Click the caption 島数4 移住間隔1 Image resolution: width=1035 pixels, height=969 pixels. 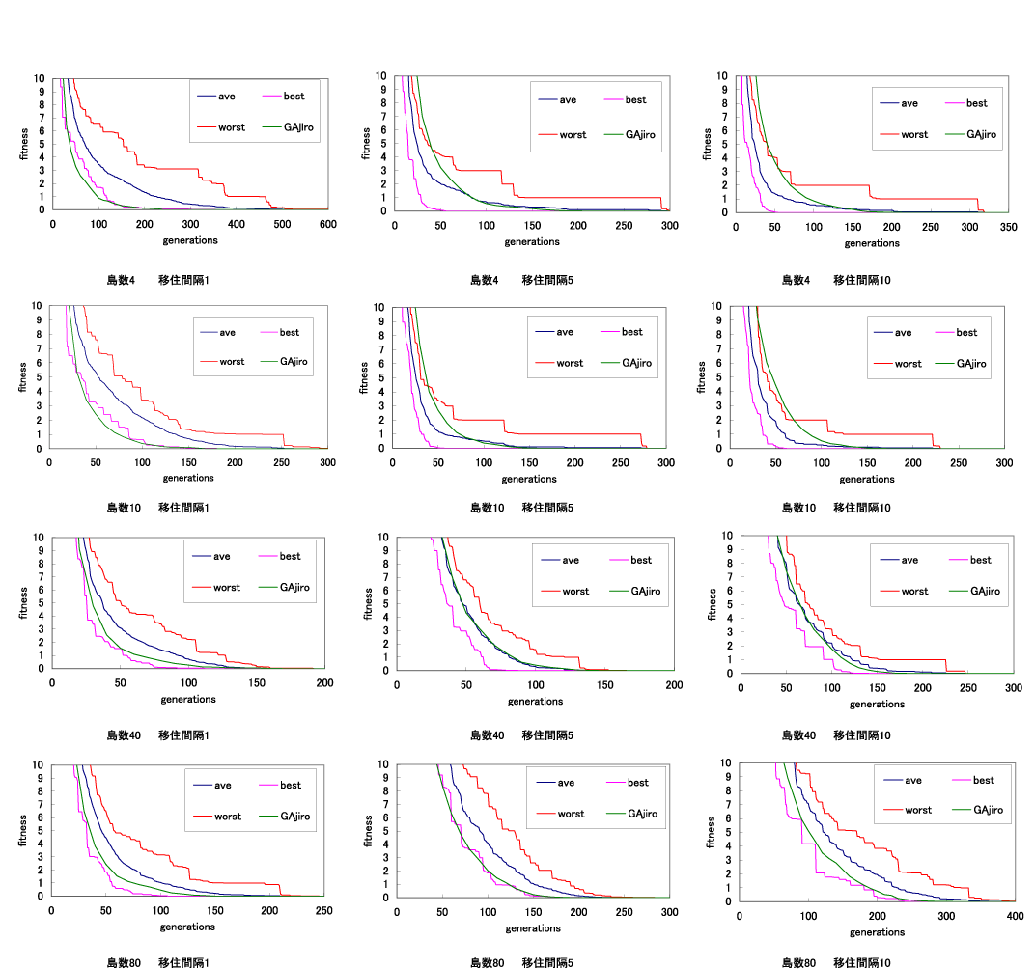157,280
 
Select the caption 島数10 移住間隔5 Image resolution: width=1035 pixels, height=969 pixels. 521,508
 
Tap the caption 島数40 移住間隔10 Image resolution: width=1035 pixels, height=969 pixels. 836,735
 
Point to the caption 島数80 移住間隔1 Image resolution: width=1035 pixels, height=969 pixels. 157,963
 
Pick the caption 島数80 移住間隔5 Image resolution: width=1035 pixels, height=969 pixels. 521,963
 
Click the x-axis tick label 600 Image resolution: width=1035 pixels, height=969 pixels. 327,224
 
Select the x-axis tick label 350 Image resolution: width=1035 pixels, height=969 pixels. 1008,227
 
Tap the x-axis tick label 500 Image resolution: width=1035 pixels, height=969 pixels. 282,224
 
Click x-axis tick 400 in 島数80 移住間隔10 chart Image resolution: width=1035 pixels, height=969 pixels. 1014,916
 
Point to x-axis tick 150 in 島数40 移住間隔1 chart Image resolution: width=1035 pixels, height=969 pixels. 257,683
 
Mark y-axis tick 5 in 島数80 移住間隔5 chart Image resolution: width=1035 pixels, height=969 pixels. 384,830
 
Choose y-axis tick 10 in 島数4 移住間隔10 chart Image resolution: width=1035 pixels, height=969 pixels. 723,76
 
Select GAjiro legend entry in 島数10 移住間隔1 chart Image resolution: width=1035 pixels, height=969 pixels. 297,362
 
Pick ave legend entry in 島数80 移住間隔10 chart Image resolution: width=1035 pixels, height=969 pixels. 917,780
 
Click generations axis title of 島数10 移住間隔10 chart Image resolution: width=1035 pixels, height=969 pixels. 867,479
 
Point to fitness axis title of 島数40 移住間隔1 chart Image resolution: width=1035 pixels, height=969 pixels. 23,603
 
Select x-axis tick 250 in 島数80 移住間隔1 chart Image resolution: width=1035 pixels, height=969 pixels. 324,911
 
